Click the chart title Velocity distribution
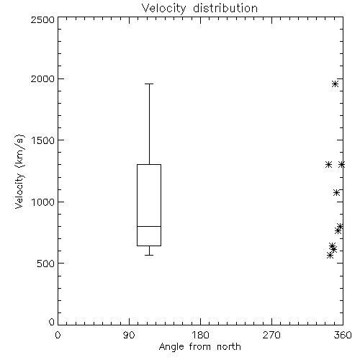199,9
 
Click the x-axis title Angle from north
199,347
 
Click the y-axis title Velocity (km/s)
19,171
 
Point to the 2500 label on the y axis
42,19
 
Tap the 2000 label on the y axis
42,78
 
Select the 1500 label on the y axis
43,140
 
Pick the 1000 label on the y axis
43,202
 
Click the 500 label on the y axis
46,264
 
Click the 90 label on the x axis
129,335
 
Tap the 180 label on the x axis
200,335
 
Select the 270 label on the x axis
271,335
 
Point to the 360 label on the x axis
343,335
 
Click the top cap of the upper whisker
149,84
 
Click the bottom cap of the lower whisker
149,255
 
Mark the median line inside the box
149,226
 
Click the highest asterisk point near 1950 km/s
336,84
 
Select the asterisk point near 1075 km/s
336,192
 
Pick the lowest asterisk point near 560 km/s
330,255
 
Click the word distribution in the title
225,8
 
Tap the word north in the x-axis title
229,346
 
